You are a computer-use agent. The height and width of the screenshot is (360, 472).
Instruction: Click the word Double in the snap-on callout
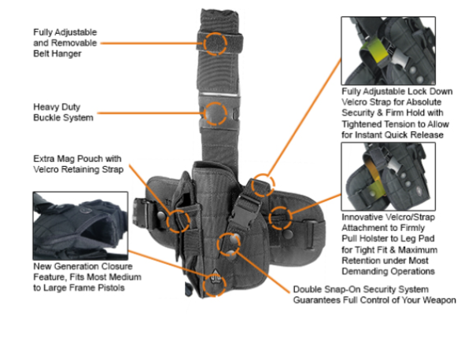308,288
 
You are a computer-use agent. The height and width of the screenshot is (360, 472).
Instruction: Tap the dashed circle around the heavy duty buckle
214,112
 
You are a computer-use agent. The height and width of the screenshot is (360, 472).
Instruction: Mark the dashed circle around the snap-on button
228,243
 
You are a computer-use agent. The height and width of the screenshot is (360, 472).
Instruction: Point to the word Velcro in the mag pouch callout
50,169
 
